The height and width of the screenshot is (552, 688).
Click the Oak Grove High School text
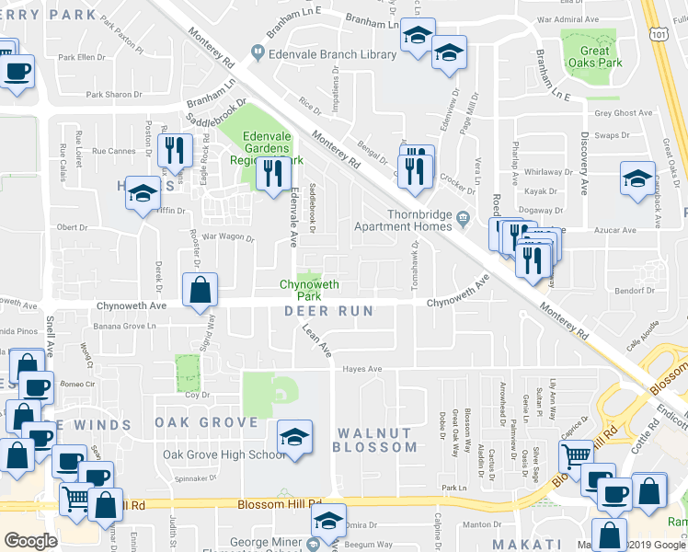[x=224, y=454]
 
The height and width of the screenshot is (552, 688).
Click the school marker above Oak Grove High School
[x=294, y=437]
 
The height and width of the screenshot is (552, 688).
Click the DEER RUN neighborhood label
[x=329, y=311]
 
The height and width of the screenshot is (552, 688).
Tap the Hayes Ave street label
[x=361, y=369]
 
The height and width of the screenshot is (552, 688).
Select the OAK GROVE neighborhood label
[x=206, y=422]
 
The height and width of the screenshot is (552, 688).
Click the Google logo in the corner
[x=30, y=541]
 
